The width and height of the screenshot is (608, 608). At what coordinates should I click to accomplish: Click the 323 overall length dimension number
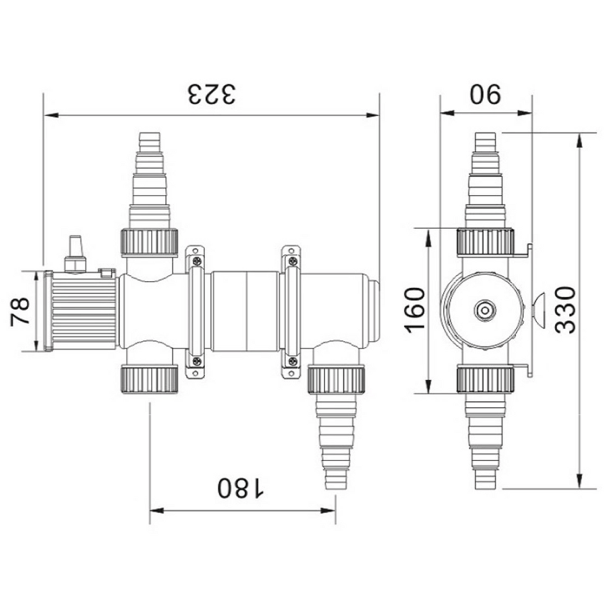(x=211, y=95)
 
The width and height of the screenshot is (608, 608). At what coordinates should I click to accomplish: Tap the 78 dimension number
(x=20, y=312)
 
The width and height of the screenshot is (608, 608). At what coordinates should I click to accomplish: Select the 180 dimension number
(x=241, y=488)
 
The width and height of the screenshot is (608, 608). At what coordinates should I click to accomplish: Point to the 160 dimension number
(x=417, y=309)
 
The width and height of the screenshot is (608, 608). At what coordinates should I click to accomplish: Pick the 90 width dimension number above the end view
(x=486, y=94)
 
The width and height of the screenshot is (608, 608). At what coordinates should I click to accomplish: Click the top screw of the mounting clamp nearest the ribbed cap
(x=196, y=261)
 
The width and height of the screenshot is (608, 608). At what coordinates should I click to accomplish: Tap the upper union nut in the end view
(x=485, y=242)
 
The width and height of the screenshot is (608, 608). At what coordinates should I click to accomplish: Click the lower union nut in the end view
(x=485, y=379)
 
